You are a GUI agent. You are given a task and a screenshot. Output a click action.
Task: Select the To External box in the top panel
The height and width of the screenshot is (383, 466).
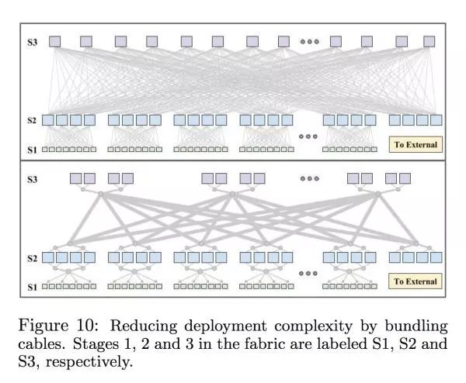416,144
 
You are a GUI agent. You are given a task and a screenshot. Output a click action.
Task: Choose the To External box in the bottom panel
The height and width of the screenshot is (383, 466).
416,281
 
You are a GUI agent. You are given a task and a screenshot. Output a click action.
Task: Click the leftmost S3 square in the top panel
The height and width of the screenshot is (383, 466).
54,41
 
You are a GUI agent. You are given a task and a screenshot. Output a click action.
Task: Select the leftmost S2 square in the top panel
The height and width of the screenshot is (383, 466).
48,120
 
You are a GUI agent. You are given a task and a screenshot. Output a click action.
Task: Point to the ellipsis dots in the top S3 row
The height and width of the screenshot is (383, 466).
309,41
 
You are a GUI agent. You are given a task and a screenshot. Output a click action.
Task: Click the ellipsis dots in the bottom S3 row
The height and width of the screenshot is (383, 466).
309,178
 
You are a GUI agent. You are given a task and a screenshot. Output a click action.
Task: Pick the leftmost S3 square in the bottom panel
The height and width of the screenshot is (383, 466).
75,178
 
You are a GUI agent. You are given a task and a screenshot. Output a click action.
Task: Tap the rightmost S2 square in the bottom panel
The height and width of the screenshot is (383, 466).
436,257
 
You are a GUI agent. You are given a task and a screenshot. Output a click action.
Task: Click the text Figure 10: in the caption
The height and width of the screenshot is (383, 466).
56,323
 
